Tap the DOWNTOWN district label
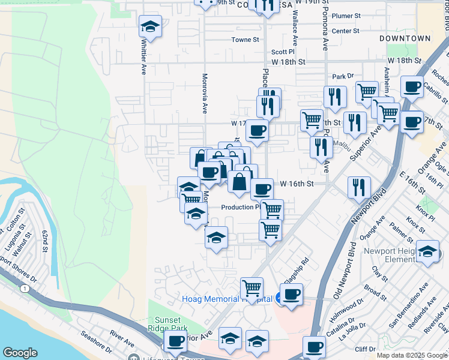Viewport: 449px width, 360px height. pos(405,38)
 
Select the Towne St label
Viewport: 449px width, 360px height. pos(246,40)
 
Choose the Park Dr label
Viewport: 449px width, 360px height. pos(343,77)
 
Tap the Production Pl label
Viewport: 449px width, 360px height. pos(240,208)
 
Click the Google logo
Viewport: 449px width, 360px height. pos(20,353)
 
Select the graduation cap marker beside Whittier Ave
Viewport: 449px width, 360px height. pos(151,27)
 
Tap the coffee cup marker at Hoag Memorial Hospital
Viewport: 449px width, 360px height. pos(291,295)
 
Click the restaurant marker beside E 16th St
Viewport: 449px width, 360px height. pos(359,187)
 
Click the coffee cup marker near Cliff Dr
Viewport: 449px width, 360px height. pos(314,347)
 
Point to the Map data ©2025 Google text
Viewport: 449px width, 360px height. pos(411,355)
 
